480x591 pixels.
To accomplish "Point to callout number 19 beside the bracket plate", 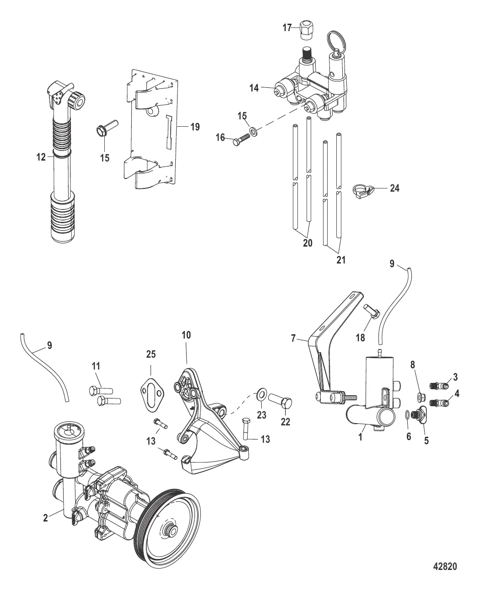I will [195, 127].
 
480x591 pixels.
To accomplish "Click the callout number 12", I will [41, 157].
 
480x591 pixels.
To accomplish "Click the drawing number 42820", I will [445, 566].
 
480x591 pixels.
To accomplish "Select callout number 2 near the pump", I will [45, 518].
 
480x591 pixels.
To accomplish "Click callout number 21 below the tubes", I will [341, 260].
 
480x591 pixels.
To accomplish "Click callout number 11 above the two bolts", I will [97, 366].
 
